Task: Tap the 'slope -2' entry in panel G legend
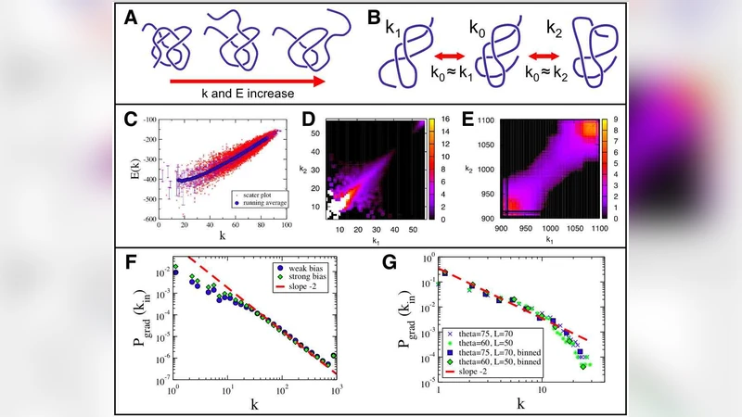(480, 373)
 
